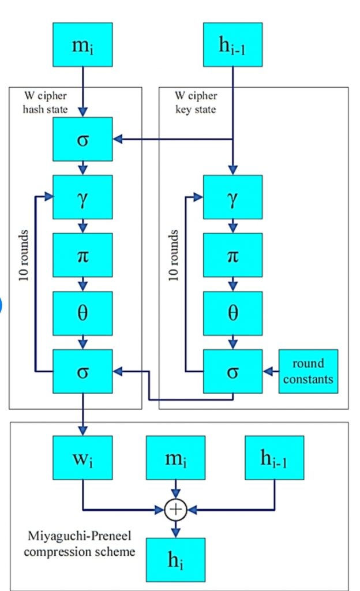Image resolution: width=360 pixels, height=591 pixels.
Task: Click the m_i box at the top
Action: pos(82,44)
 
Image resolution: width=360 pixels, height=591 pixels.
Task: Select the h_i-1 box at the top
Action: pos(232,44)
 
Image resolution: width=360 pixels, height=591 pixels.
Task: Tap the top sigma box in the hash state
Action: pos(82,139)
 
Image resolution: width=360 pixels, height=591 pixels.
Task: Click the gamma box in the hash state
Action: pos(82,197)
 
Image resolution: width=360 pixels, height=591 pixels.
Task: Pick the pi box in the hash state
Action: pos(82,255)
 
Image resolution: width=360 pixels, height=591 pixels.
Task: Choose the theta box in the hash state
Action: pos(82,313)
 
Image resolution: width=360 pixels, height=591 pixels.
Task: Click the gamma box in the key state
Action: pos(232,197)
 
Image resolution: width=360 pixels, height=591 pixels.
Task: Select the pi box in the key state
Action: pos(232,255)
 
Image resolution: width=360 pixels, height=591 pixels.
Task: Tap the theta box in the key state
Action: pos(232,313)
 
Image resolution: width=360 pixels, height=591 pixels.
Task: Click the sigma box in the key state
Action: pos(232,371)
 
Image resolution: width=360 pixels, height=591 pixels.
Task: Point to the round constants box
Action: pos(308,371)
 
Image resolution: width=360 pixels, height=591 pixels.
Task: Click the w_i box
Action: pos(82,458)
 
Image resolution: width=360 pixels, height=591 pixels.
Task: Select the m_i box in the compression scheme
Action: pos(175,458)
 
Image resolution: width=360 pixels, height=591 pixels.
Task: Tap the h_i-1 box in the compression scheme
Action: pos(274,458)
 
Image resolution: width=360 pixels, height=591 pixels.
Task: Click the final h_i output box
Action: pos(175,560)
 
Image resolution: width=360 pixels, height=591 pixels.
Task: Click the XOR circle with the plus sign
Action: pos(175,510)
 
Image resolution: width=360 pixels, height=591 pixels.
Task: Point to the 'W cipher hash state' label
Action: pos(45,103)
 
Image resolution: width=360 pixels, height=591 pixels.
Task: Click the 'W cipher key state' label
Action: pos(196,103)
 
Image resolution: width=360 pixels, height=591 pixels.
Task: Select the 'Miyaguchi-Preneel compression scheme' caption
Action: pos(80,544)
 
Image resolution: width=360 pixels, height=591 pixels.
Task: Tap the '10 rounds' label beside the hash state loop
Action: pos(23,255)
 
